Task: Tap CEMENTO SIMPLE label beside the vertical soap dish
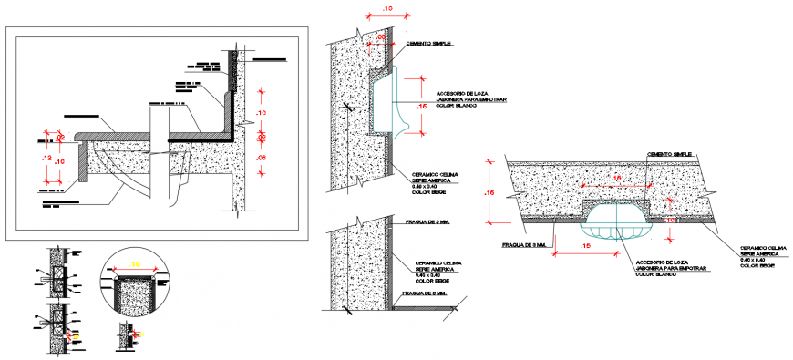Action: click(429, 44)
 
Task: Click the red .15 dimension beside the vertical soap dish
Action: click(422, 108)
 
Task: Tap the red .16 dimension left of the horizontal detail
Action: click(489, 193)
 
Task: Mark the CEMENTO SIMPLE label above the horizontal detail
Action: click(670, 155)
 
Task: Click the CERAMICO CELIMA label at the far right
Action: click(764, 247)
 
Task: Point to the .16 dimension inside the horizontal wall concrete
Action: click(616, 179)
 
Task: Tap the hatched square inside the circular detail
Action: click(135, 295)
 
